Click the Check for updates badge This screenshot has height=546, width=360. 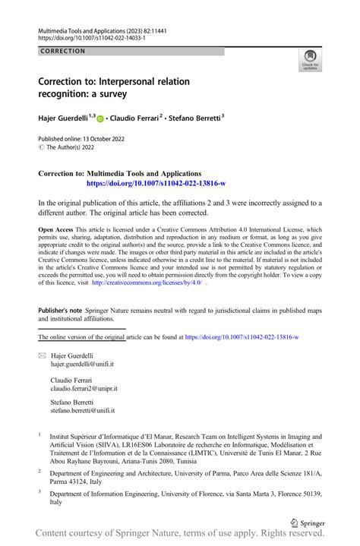click(x=310, y=59)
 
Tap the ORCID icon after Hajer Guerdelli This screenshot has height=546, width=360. click(x=100, y=118)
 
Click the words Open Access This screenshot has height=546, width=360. click(x=55, y=229)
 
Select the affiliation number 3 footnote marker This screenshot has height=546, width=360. click(x=39, y=491)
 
